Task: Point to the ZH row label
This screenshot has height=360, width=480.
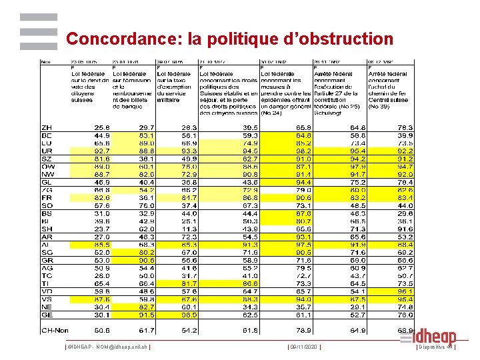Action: click(47, 127)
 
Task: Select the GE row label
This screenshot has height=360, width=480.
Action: click(47, 315)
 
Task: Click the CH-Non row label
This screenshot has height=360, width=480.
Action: click(55, 330)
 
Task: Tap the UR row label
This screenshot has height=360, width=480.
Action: click(47, 151)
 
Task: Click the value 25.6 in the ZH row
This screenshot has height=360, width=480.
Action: click(102, 127)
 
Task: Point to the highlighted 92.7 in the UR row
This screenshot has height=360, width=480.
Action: click(102, 151)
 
